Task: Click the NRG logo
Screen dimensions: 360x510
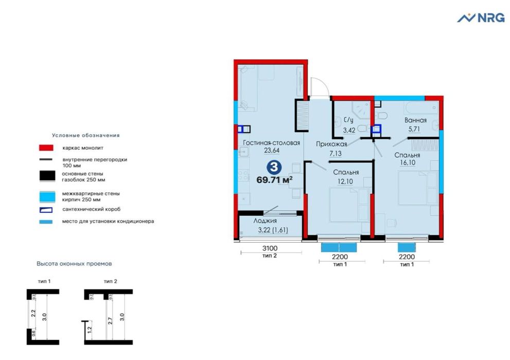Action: coord(481,18)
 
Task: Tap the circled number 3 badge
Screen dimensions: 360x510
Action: coord(276,167)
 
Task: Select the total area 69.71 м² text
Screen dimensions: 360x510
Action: coord(274,179)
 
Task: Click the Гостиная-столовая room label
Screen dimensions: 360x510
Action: coord(271,143)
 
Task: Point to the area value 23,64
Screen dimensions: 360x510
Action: coord(271,151)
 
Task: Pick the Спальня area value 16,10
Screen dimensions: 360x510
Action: coord(408,163)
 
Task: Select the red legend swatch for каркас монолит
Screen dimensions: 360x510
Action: coord(46,148)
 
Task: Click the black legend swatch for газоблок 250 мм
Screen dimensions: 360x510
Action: coord(46,176)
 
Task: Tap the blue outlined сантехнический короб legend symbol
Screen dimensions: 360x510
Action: coord(46,210)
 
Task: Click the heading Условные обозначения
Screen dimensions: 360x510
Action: coord(85,135)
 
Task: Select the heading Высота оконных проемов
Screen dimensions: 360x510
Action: coord(74,263)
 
